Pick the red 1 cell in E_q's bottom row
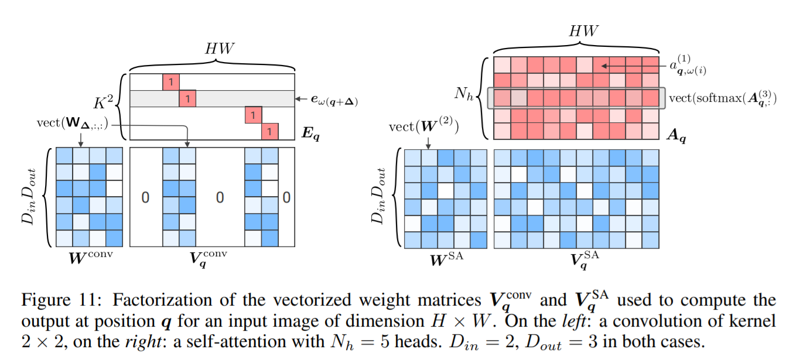[x=270, y=132]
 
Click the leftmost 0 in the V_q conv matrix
[x=145, y=198]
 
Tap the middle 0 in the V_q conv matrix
[x=220, y=198]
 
